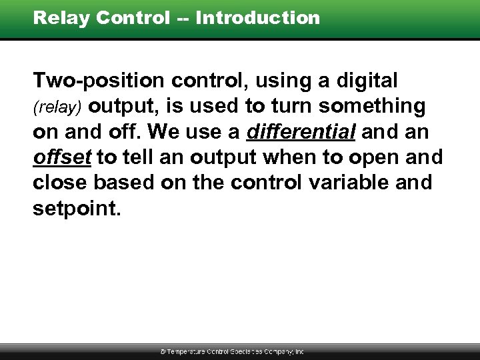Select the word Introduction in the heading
(x=258, y=18)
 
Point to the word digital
(x=365, y=81)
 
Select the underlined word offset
(x=63, y=157)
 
